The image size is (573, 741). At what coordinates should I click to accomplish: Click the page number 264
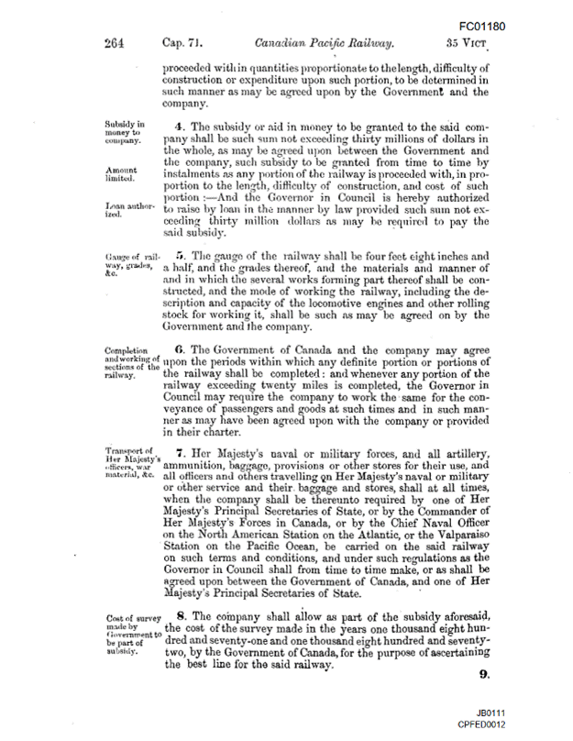click(x=116, y=43)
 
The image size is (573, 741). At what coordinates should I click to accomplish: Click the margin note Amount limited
click(x=122, y=174)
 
